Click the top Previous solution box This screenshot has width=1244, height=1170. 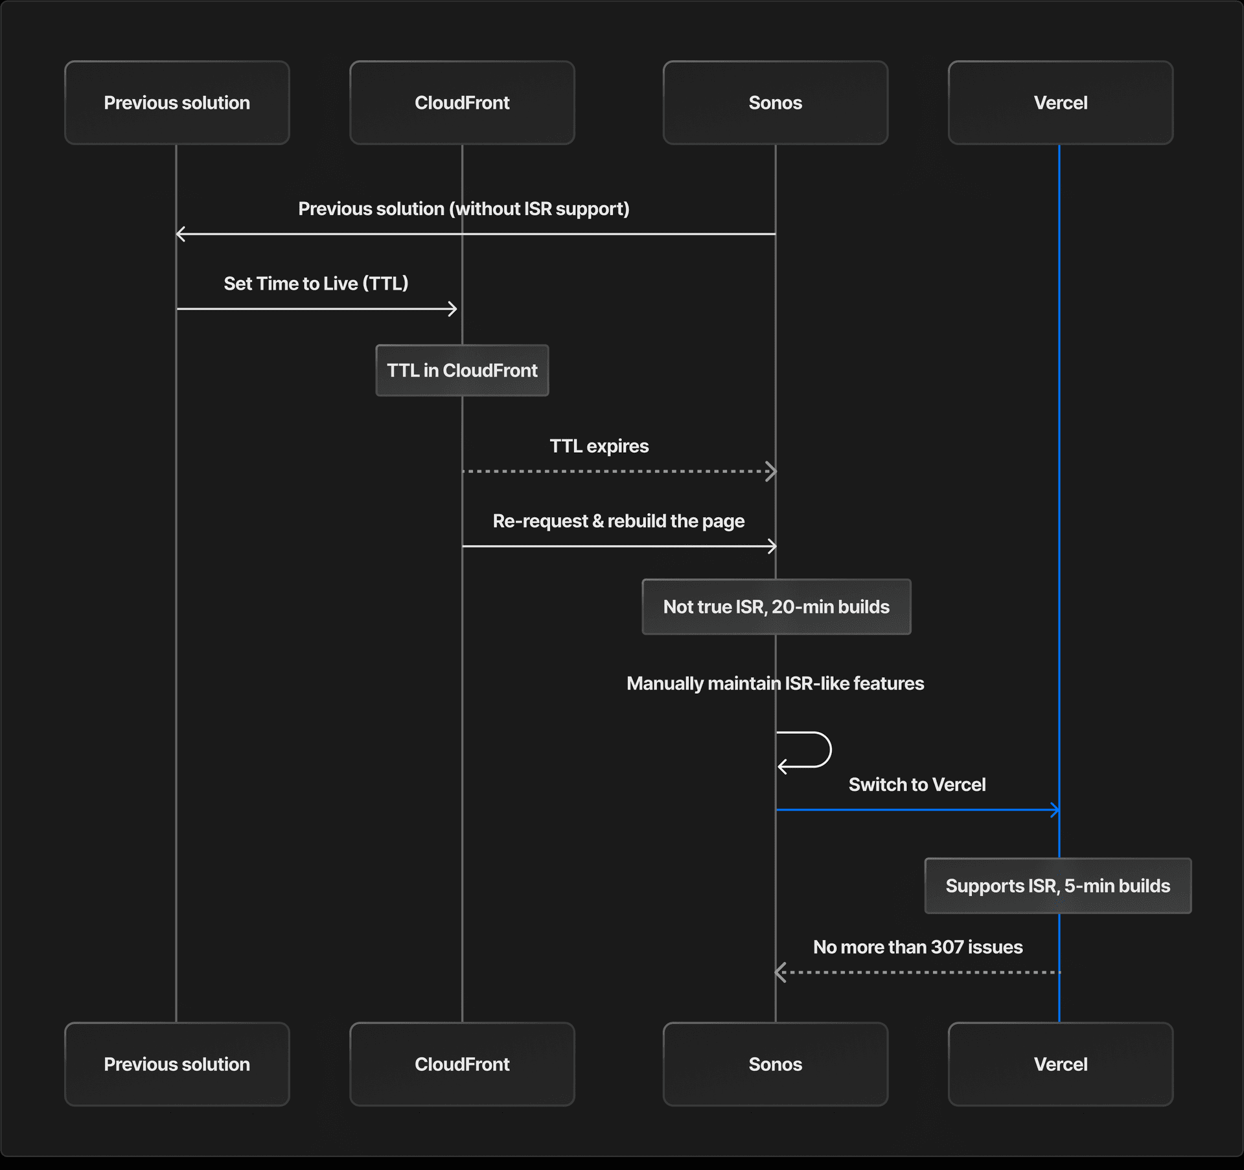177,102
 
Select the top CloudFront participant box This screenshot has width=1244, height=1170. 462,102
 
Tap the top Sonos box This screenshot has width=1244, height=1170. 775,102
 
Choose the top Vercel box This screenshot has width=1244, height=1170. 1060,102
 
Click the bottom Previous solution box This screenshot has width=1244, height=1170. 177,1064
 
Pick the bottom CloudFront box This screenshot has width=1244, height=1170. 462,1064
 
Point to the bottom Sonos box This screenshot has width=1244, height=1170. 775,1064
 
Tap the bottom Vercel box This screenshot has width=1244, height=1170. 1060,1064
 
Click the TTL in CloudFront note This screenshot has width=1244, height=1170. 462,371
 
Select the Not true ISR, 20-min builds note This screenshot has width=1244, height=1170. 776,607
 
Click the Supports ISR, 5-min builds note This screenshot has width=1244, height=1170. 1057,886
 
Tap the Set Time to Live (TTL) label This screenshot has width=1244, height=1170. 316,284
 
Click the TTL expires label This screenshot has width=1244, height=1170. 599,446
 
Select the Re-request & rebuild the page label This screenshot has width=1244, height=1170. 619,521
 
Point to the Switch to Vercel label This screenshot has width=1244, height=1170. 917,785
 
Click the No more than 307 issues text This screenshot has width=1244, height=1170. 917,947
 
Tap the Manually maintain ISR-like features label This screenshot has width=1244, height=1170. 775,683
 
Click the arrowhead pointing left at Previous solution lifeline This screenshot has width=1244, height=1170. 181,234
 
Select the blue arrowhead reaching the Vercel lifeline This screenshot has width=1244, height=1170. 1055,810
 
